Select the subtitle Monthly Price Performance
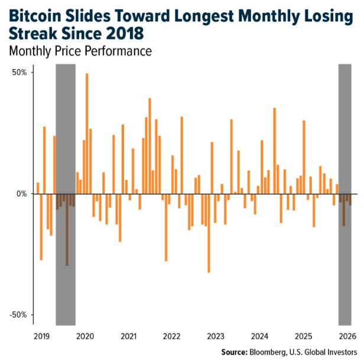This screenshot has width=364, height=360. point(80,51)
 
